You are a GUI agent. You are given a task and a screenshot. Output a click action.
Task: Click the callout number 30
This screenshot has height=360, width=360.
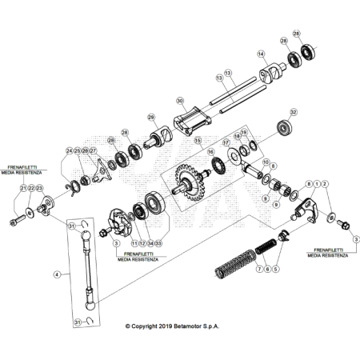tap(181, 102)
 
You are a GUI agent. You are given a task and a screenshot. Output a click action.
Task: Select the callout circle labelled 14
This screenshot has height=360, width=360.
tap(261, 54)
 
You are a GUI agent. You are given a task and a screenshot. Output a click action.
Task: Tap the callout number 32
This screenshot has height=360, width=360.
tap(294, 112)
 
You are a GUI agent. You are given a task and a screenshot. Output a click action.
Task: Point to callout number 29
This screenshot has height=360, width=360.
tap(150, 118)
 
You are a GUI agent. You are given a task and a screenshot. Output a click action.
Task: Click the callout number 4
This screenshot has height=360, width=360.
tap(56, 274)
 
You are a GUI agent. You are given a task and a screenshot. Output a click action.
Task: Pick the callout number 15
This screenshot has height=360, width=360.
tap(197, 141)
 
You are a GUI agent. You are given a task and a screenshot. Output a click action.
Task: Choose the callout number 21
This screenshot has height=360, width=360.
tap(25, 189)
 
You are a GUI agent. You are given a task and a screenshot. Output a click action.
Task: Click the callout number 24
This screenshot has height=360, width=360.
tap(70, 150)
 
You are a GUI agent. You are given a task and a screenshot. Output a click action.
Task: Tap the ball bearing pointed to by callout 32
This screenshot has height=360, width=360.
tap(282, 127)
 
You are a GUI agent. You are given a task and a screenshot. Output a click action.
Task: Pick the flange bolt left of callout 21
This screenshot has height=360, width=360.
tap(17, 217)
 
